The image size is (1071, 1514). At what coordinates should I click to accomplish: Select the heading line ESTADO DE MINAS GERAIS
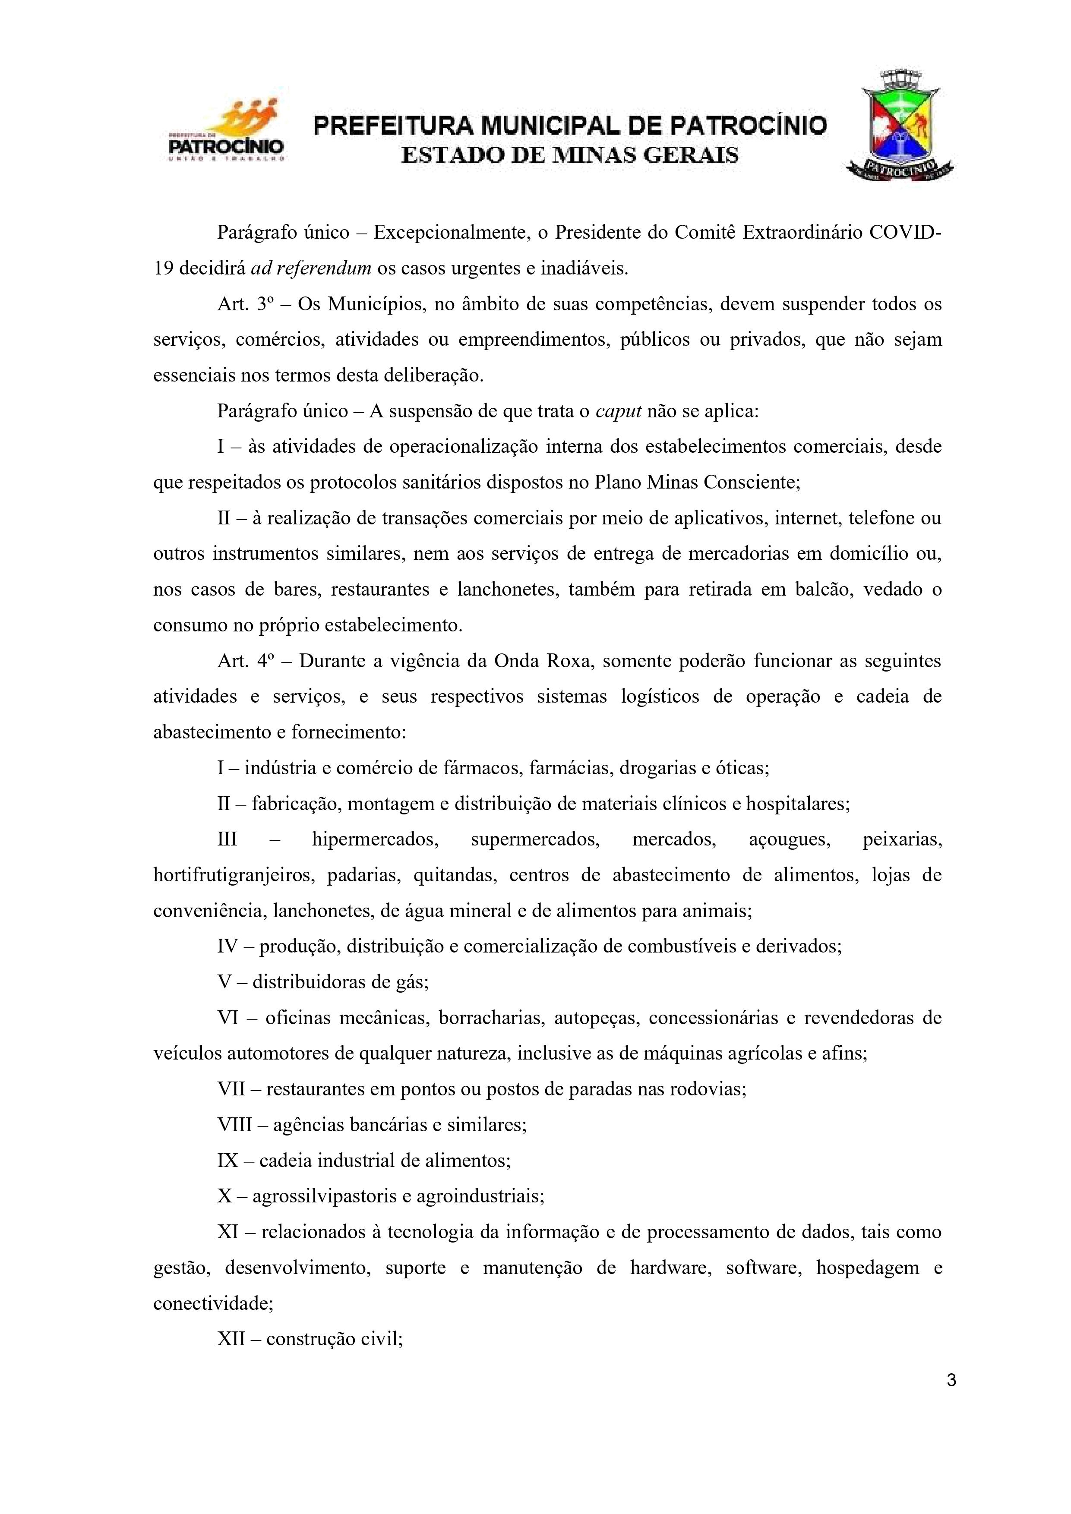pyautogui.click(x=570, y=156)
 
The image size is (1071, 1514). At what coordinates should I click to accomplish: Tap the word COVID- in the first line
pyautogui.click(x=906, y=233)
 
